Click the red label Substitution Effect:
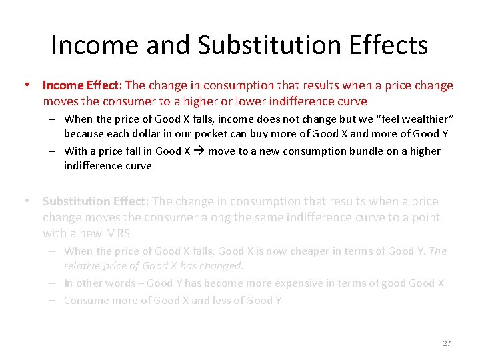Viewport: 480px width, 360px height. point(96,201)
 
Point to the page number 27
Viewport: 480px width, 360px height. point(447,343)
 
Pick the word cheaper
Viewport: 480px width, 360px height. point(304,251)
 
